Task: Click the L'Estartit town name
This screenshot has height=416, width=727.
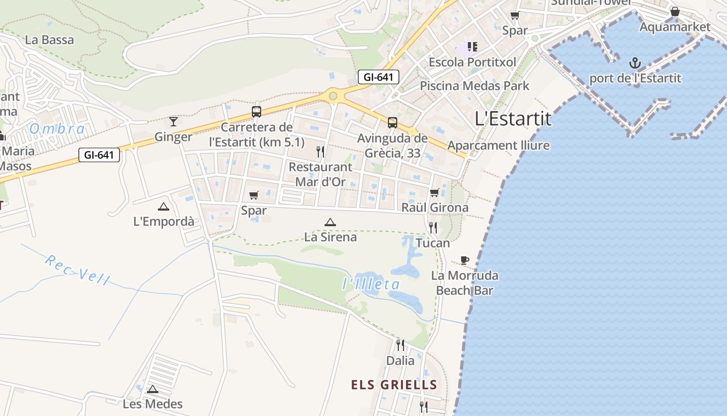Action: (513, 119)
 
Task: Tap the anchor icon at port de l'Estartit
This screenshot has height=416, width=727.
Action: (635, 63)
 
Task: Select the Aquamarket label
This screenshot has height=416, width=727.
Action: (675, 27)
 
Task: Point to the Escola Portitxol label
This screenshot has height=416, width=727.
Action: (472, 62)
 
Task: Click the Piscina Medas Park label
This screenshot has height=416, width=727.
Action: (475, 86)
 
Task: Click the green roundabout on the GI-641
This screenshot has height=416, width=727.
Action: (333, 96)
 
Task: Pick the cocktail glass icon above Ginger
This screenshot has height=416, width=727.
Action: (173, 122)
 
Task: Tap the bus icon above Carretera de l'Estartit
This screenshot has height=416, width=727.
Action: (257, 111)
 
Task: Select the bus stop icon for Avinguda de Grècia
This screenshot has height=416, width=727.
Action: (393, 123)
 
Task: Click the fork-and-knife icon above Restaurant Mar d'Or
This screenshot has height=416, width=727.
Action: (320, 152)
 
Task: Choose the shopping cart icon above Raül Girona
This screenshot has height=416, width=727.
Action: (435, 193)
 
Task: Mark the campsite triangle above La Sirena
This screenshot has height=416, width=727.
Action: (330, 222)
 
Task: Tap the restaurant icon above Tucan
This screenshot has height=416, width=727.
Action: (433, 227)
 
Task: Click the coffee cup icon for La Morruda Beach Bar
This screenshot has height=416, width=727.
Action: (465, 260)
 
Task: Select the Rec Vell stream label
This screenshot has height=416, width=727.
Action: (77, 270)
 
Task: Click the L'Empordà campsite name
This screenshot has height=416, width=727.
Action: (164, 222)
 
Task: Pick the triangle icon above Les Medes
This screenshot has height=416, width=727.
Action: (153, 389)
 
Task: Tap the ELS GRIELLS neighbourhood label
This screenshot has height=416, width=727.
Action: (394, 385)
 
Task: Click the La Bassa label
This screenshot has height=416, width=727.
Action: (49, 40)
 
